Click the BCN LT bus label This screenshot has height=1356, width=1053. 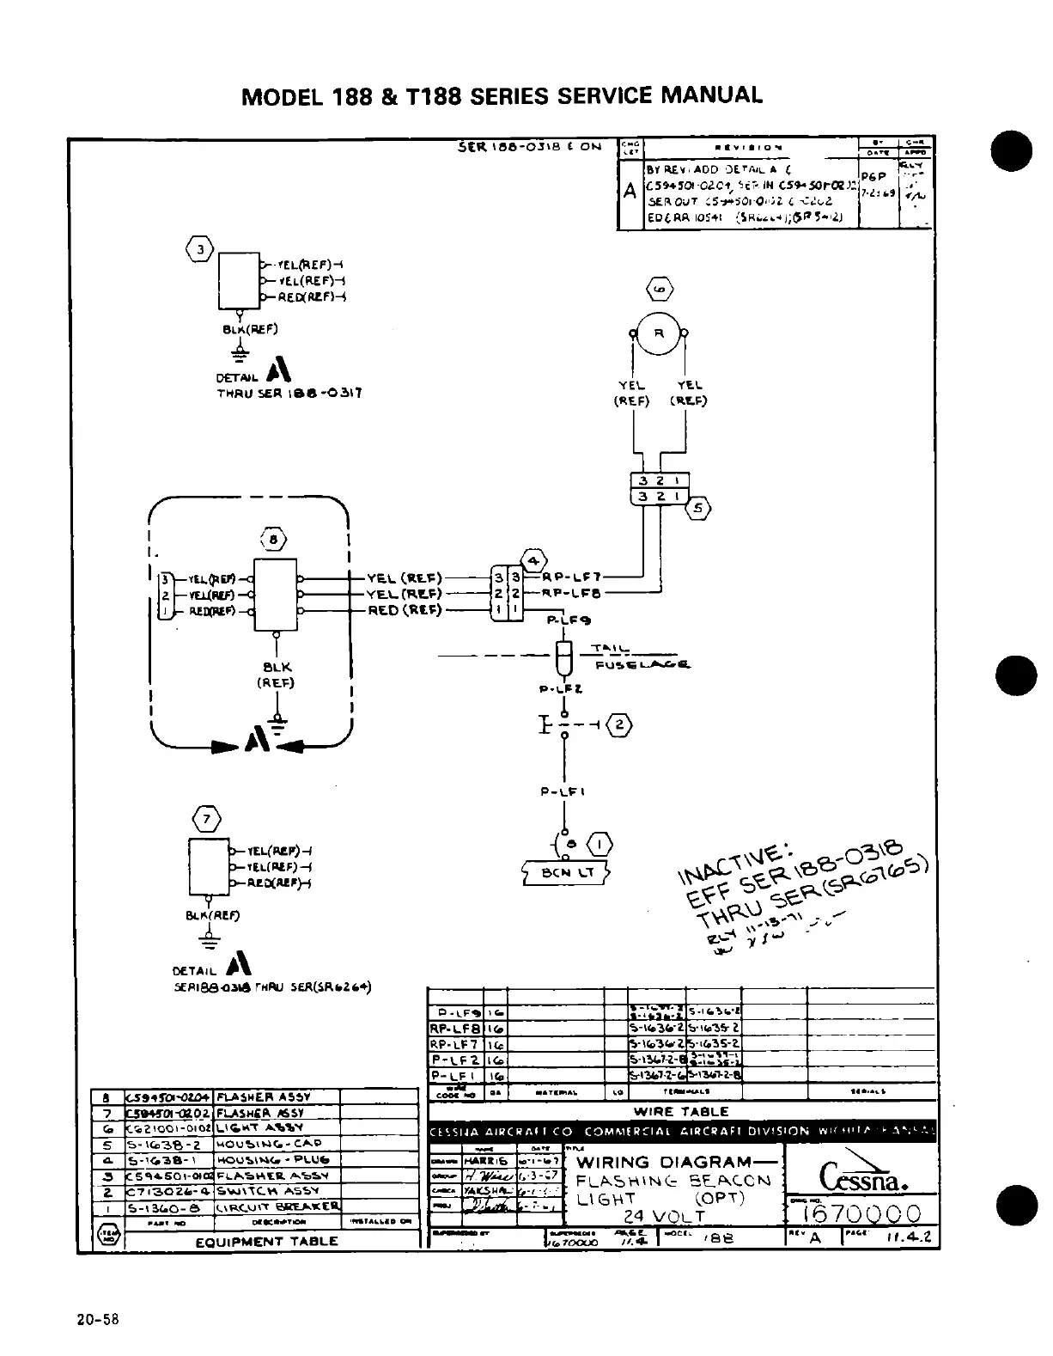566,874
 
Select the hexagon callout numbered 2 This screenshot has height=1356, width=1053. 619,725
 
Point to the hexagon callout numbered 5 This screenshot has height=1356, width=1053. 698,509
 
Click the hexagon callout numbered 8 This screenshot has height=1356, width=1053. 274,540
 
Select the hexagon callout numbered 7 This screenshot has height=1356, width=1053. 207,818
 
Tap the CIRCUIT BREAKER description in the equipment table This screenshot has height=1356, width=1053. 277,1207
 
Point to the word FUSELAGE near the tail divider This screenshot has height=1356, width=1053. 642,664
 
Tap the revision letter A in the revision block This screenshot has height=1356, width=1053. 630,191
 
